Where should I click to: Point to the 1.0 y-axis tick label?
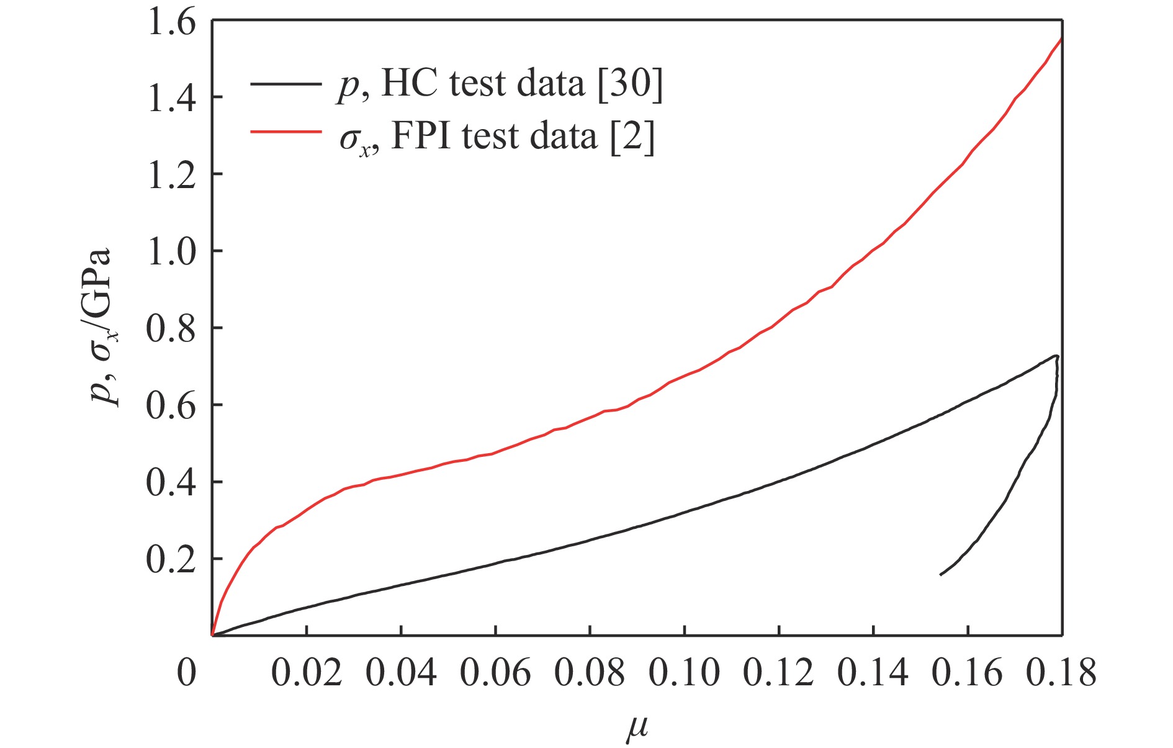pos(171,251)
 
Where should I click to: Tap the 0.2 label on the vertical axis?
pos(171,559)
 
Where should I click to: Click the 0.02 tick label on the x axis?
pos(307,672)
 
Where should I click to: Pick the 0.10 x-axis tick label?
pos(684,672)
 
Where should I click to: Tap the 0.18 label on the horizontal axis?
pos(1061,672)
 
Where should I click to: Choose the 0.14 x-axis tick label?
pos(873,672)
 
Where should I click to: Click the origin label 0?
pos(187,672)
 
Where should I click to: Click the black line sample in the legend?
pos(286,83)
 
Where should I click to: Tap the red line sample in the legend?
pos(286,132)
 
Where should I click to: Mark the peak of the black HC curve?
pos(1055,356)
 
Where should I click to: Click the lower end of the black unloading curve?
pos(941,575)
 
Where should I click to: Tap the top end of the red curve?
pos(1061,38)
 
